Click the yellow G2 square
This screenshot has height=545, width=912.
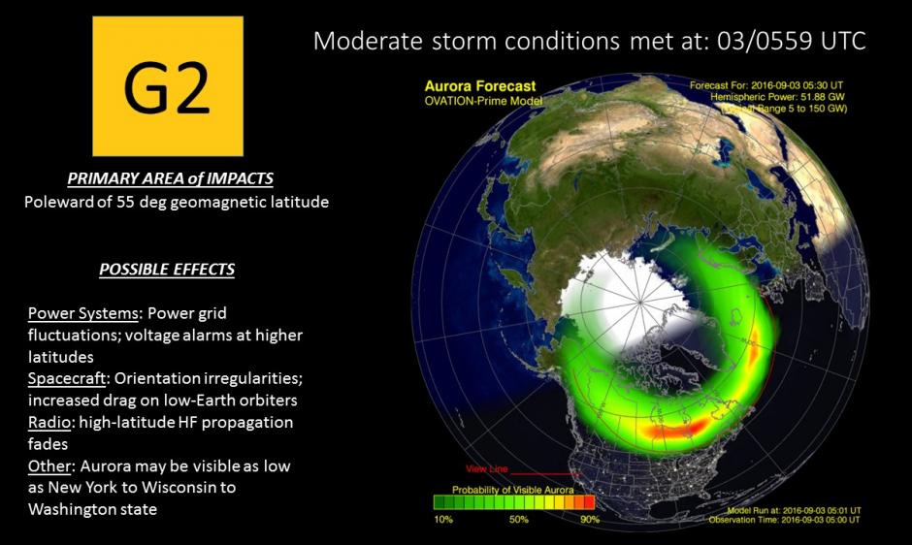tap(168, 86)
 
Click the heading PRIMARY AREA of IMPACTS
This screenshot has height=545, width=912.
tap(170, 178)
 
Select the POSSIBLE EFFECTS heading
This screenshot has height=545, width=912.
tap(167, 270)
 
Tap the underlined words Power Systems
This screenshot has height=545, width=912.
tap(83, 313)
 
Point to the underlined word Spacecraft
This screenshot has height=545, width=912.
tap(67, 378)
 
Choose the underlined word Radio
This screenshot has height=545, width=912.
tap(49, 422)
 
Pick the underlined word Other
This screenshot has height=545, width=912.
tap(49, 465)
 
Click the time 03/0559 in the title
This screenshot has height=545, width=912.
tap(765, 42)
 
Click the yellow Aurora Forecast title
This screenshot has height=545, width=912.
tap(480, 86)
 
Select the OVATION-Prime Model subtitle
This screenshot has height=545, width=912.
tap(483, 101)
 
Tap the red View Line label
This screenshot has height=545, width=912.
tap(486, 468)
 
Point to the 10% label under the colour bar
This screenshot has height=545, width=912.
tap(443, 519)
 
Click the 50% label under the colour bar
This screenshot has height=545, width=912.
tap(519, 519)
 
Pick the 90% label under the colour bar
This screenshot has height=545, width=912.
tap(590, 519)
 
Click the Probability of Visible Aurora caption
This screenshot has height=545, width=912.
tap(513, 490)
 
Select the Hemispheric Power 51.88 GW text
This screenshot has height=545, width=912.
tap(778, 97)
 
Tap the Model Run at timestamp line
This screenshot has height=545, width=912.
tap(794, 511)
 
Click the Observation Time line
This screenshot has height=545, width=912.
tap(785, 520)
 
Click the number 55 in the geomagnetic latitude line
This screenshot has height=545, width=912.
tap(125, 202)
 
